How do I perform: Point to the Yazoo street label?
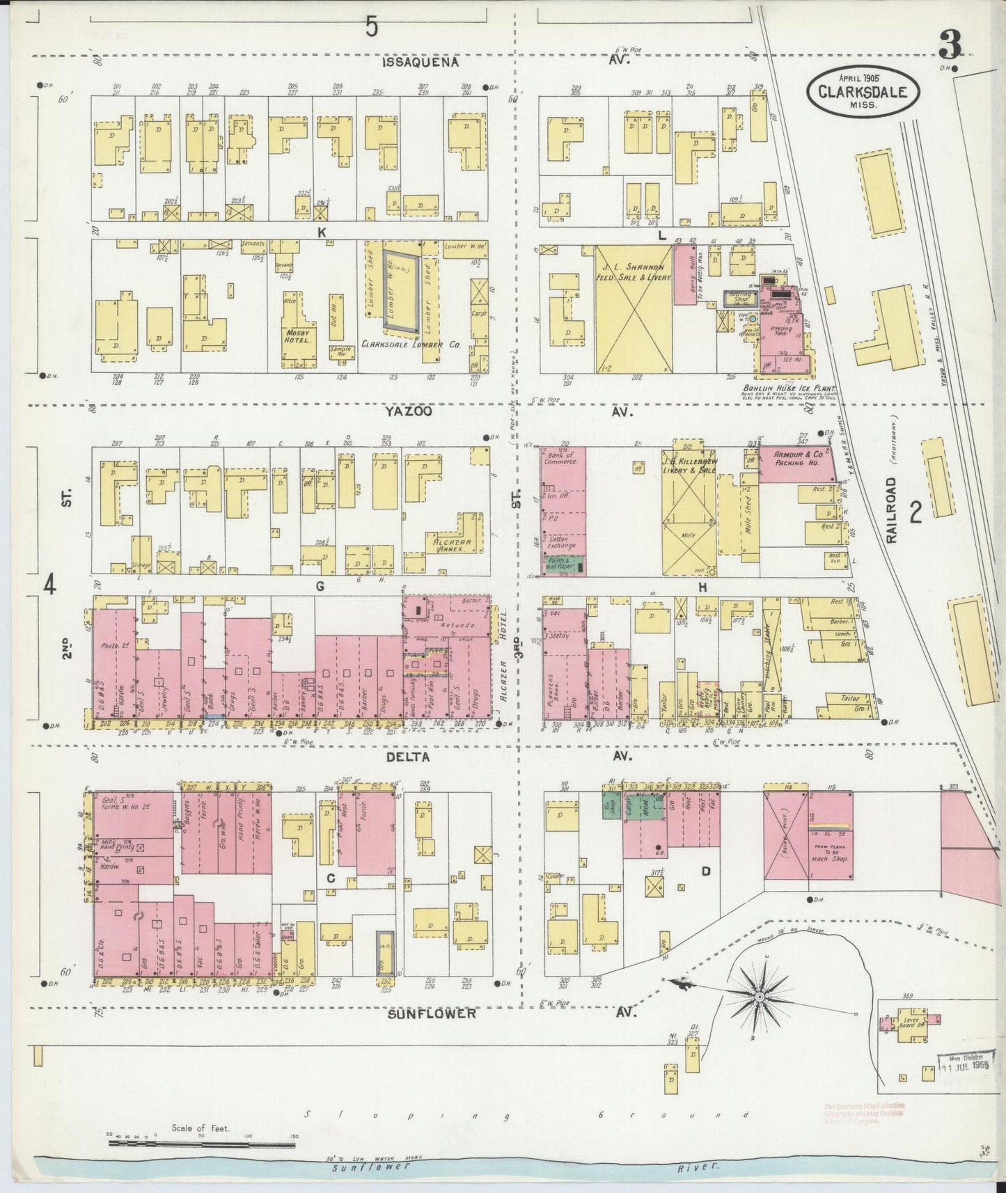click(409, 411)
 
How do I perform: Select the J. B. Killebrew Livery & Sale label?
click(689, 462)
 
